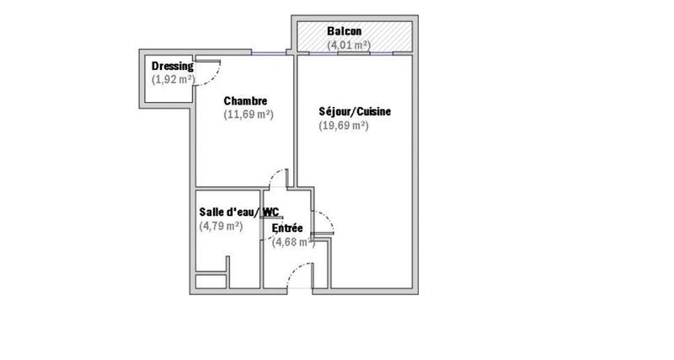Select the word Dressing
172,67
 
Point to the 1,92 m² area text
173,79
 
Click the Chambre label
245,101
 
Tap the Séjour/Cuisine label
355,112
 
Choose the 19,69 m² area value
344,126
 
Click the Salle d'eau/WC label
238,212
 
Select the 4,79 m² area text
221,225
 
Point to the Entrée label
286,228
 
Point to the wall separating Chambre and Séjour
295,118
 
